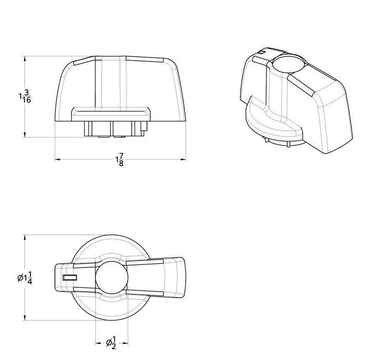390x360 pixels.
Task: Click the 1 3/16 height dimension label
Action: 25,97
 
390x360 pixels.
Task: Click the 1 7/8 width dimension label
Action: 119,160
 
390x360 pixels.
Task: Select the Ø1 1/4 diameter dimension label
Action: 25,278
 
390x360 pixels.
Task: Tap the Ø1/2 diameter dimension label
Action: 111,342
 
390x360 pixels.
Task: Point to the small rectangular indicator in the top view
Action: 70,278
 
